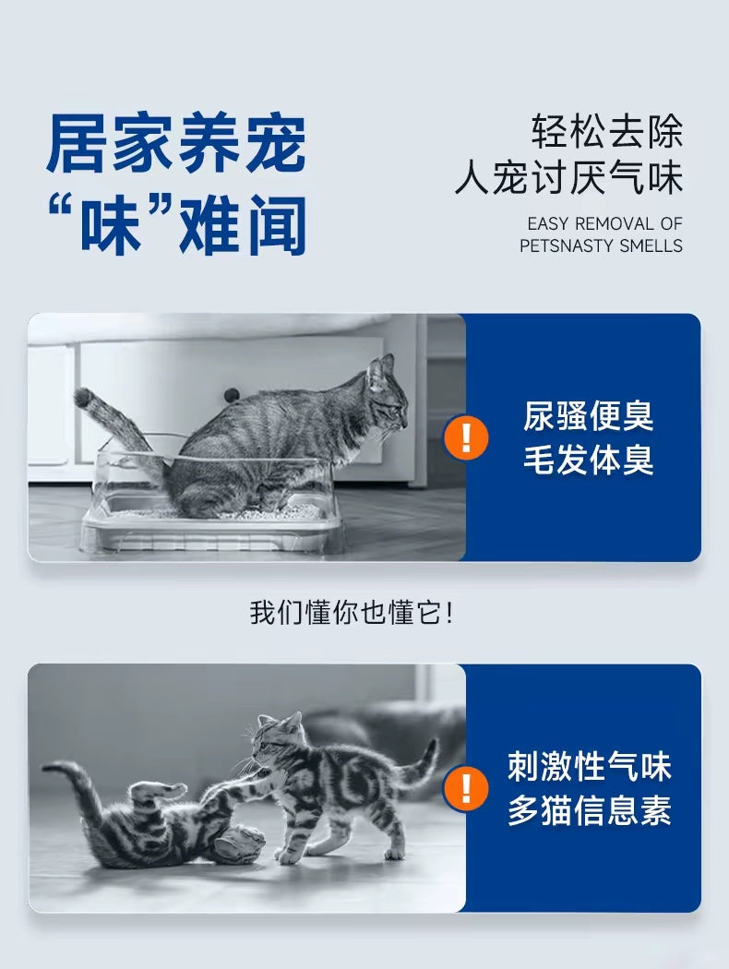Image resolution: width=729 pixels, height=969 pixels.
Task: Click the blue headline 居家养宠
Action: [176, 143]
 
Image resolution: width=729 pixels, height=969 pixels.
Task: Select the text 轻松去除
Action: [606, 131]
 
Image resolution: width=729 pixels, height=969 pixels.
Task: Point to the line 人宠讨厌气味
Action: [568, 178]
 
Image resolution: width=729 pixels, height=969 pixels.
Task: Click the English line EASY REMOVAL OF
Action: [604, 223]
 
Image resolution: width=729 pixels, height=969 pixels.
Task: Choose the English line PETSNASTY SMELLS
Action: [601, 246]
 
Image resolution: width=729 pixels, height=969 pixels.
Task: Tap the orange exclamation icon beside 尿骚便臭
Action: [466, 437]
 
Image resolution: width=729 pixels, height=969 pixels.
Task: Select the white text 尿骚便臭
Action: [588, 415]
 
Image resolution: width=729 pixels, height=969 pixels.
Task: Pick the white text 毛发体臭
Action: [588, 460]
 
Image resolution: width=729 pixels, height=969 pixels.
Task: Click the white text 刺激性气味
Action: [589, 766]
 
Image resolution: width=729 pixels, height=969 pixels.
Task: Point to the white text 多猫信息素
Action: [589, 811]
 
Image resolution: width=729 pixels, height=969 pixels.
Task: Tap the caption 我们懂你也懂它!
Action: [352, 613]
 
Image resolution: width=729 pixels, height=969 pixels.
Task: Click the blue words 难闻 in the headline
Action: [243, 225]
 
